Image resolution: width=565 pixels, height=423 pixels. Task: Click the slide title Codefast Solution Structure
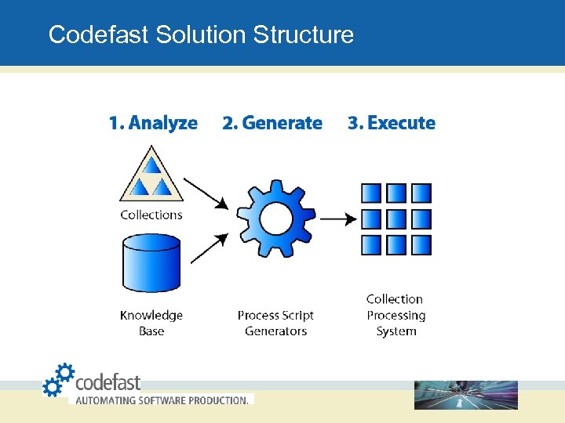(x=201, y=34)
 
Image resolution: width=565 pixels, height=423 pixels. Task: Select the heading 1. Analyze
(x=153, y=123)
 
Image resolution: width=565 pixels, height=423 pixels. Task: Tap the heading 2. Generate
(x=272, y=123)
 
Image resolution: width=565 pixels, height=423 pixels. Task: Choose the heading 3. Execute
(x=392, y=123)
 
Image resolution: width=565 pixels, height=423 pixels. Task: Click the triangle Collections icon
(x=150, y=176)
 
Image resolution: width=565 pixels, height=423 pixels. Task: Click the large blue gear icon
(x=275, y=219)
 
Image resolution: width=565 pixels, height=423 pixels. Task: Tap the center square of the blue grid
(x=396, y=219)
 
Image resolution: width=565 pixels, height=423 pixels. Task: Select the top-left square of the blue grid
(x=371, y=193)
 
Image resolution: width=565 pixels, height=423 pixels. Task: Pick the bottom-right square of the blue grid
(x=421, y=244)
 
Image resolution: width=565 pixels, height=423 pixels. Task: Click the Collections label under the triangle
(x=151, y=215)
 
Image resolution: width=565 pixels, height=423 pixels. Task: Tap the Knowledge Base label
(x=151, y=323)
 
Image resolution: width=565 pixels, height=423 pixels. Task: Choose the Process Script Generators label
(x=275, y=323)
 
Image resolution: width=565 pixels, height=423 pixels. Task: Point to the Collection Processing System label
(x=395, y=315)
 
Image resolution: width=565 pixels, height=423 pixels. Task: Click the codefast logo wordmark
(x=108, y=382)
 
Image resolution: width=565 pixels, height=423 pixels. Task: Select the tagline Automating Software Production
(x=162, y=399)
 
